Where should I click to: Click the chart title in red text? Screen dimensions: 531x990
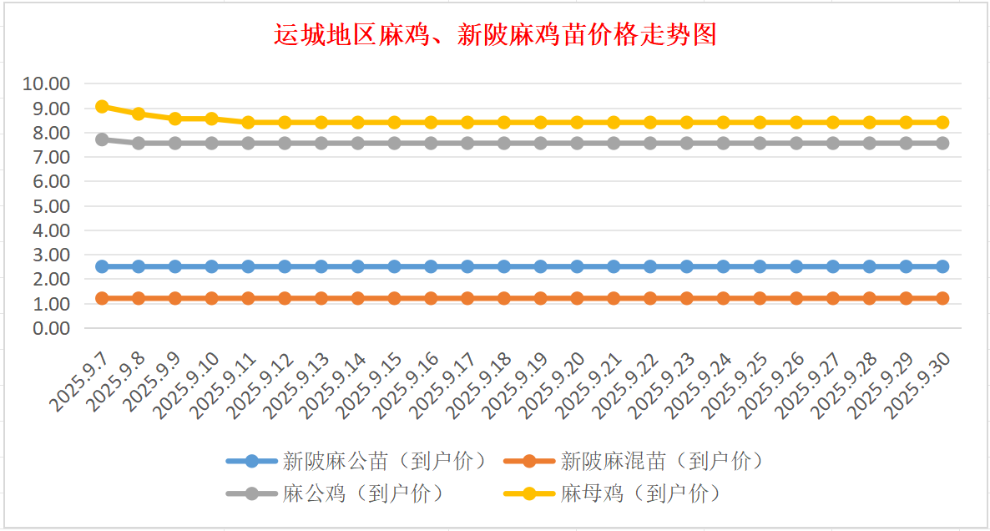495,35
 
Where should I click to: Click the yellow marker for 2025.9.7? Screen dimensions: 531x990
102,106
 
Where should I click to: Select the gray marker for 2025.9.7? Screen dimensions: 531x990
102,139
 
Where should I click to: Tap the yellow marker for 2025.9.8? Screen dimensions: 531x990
139,114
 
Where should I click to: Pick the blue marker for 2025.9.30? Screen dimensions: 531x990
942,266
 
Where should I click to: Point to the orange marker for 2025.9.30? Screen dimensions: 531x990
942,298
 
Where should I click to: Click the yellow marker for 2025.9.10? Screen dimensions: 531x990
211,119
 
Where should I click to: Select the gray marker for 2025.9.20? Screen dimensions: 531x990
577,143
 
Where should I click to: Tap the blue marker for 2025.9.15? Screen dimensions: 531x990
394,266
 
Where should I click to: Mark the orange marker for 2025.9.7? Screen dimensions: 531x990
102,298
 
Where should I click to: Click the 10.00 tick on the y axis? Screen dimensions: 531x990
47,83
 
